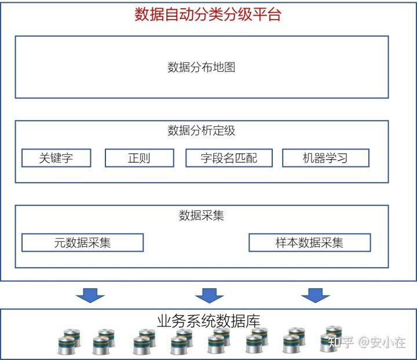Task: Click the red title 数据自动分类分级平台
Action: tap(208, 14)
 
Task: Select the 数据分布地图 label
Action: tap(202, 67)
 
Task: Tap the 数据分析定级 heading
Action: tap(202, 130)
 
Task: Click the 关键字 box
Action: tap(56, 158)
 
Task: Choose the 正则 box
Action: tap(140, 158)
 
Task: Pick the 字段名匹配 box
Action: tap(229, 158)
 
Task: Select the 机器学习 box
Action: tap(325, 158)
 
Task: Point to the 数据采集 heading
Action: tap(202, 215)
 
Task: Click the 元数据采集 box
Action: tap(82, 242)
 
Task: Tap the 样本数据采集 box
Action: tap(309, 242)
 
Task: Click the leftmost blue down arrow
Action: tap(90, 296)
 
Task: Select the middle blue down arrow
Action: tap(209, 296)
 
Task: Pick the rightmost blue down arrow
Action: tap(316, 296)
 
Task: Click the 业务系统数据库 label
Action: tap(209, 321)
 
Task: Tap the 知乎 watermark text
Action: tap(341, 342)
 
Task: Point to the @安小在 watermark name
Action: tap(382, 342)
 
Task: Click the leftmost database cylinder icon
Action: tap(66, 346)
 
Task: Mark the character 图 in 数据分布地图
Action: tap(230, 67)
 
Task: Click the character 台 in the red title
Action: tap(274, 14)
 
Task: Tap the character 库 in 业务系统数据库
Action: tap(253, 321)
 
